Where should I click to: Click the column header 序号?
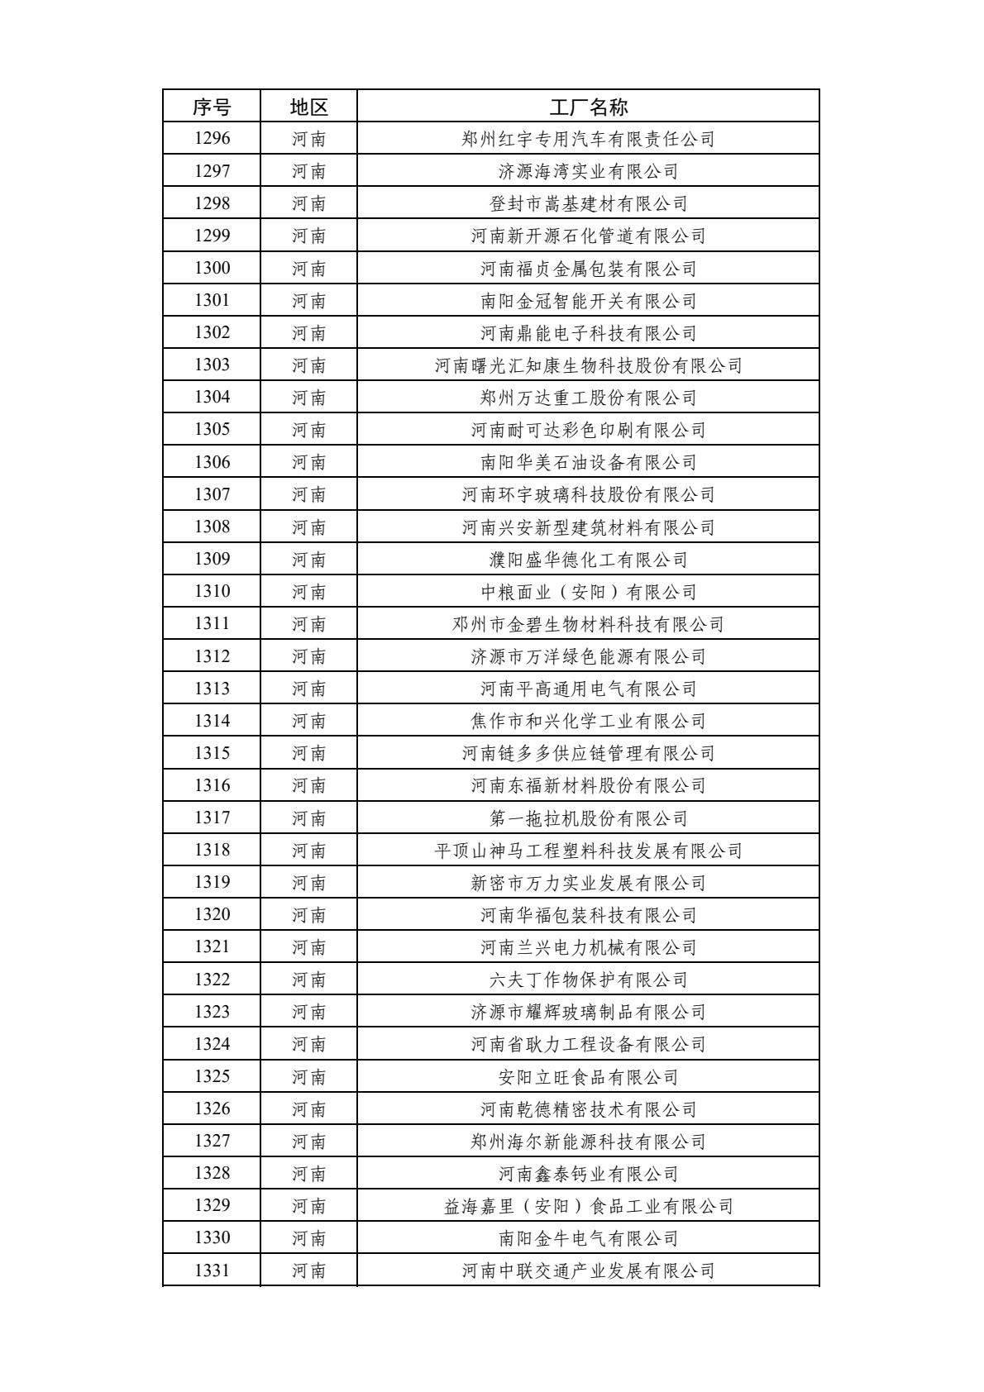pos(212,107)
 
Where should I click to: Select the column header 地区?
pos(308,107)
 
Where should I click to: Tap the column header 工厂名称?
pos(588,107)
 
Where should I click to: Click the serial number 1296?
pos(212,139)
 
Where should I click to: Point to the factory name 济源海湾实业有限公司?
pos(588,171)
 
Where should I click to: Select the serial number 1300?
pos(212,268)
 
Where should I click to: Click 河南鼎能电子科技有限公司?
pos(588,333)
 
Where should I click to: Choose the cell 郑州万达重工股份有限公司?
pos(588,398)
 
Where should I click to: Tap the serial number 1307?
pos(212,494)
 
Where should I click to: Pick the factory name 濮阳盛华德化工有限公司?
pos(588,560)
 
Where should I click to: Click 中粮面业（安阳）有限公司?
pos(588,592)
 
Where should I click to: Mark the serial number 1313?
pos(212,689)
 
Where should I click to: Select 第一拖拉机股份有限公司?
pos(588,818)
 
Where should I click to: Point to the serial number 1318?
pos(212,850)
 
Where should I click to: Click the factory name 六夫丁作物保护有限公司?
pos(588,980)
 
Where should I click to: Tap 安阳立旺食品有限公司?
pos(588,1077)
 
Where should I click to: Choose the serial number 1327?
pos(212,1141)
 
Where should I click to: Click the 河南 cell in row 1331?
pos(308,1270)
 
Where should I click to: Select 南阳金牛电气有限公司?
pos(588,1238)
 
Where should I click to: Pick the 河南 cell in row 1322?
pos(308,980)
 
